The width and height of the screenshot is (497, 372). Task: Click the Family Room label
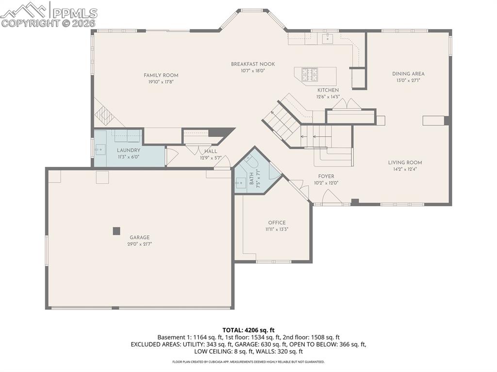click(161, 75)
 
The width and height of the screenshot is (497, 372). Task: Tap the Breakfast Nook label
click(253, 64)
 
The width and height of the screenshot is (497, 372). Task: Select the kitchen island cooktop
click(310, 74)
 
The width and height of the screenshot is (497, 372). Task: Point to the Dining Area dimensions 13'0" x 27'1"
click(408, 81)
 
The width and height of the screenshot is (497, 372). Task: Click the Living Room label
click(405, 162)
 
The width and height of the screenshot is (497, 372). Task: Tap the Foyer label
click(326, 177)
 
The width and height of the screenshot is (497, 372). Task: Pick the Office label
click(277, 223)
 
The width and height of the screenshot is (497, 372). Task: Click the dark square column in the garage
click(116, 231)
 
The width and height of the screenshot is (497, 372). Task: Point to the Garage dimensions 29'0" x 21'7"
click(139, 244)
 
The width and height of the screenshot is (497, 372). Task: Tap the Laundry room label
click(128, 150)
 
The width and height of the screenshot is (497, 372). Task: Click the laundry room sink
click(100, 149)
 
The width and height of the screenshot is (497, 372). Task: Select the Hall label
click(211, 151)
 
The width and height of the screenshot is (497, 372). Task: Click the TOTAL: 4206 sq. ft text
click(248, 330)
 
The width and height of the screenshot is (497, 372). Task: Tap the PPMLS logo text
click(75, 13)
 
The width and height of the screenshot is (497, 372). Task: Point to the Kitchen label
click(328, 90)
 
